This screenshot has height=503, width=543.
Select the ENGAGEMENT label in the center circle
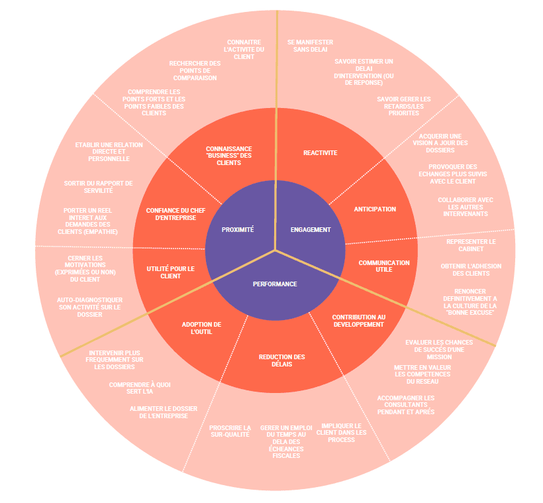coord(311,229)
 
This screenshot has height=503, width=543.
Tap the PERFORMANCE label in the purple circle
coord(275,284)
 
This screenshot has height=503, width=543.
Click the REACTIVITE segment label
coord(320,153)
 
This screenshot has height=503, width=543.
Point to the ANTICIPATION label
coord(375,209)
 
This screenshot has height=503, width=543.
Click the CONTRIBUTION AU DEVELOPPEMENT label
coord(358,321)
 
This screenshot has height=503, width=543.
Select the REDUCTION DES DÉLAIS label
coord(281,361)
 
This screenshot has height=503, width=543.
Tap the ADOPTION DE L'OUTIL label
coord(201,328)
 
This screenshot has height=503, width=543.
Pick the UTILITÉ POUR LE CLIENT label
coord(170,272)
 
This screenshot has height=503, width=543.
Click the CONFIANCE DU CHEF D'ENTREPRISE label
coord(171,213)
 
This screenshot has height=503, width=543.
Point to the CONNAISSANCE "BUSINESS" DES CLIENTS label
coord(228,155)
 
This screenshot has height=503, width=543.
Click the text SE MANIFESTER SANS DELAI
coord(310,46)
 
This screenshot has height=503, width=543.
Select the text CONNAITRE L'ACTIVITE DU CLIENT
coord(244,49)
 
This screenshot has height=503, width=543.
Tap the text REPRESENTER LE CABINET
coord(471,245)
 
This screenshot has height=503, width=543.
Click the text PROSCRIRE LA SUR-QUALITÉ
coord(230,431)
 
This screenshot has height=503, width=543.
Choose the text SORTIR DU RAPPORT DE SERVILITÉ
coord(98,186)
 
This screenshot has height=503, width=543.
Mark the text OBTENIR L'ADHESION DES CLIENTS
coord(471,270)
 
